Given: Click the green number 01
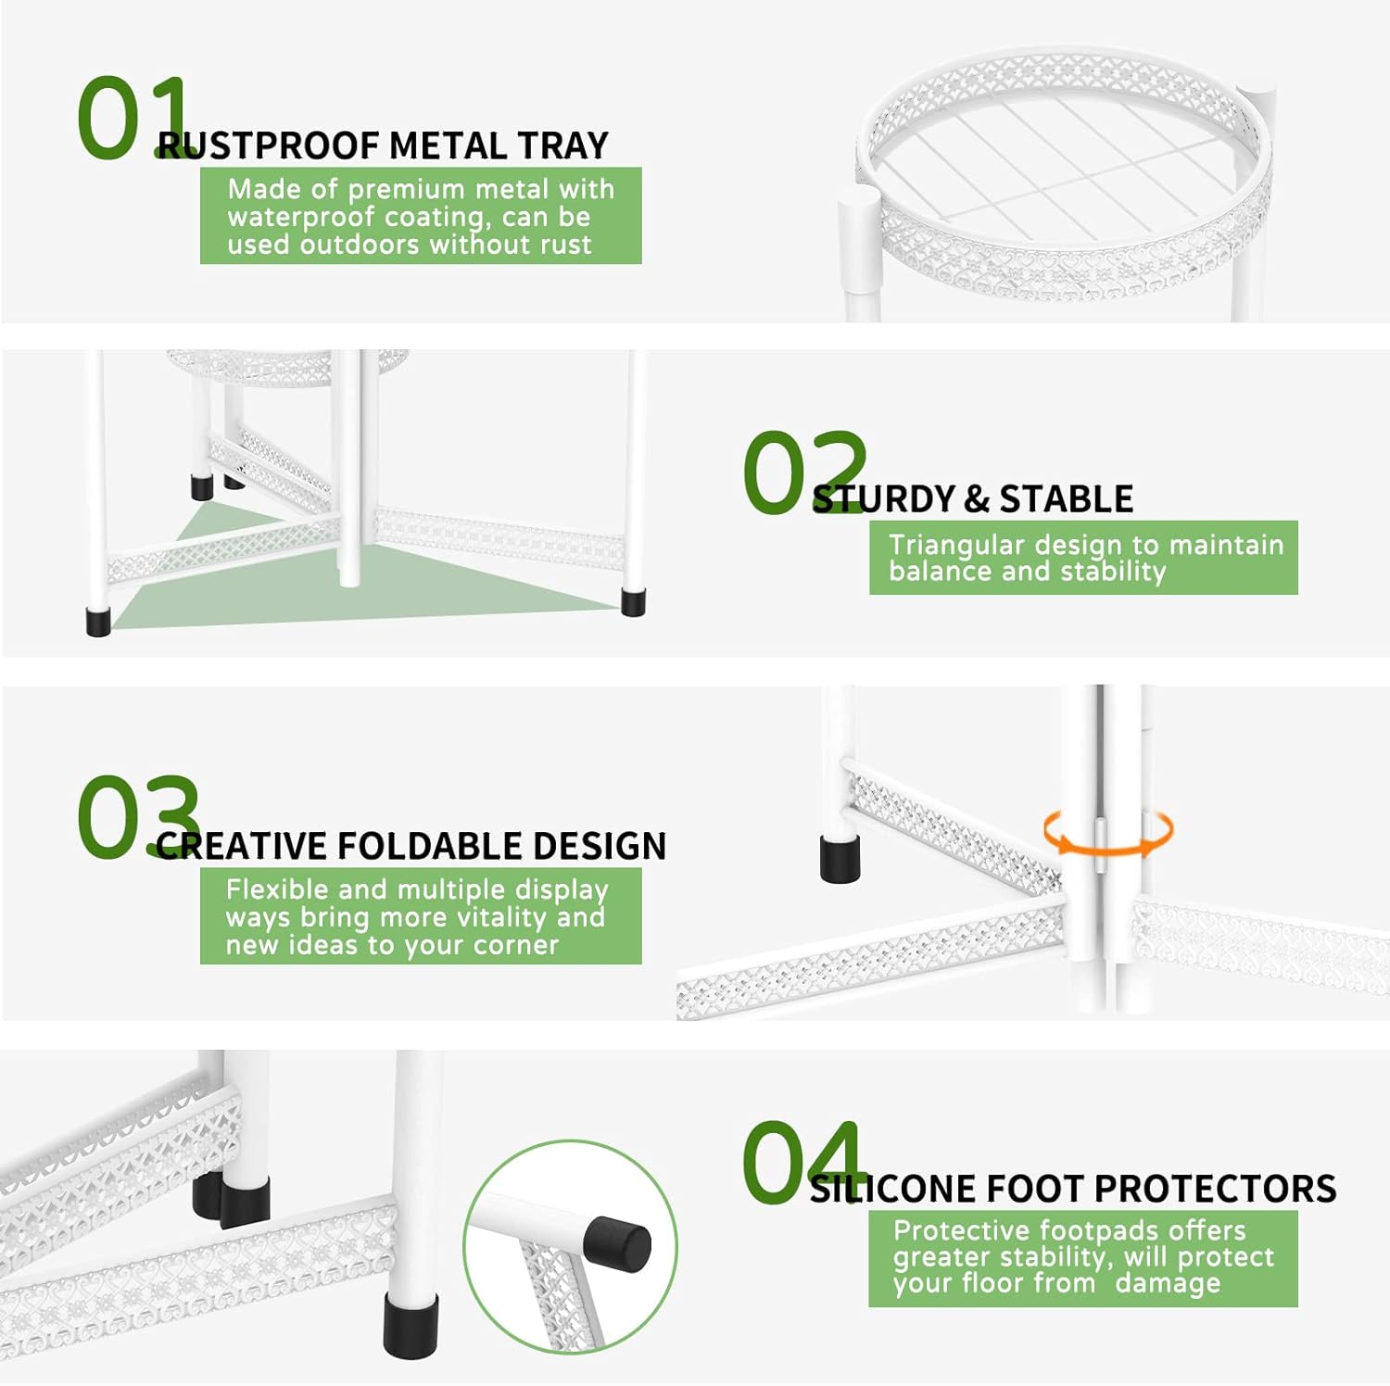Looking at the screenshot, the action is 134,119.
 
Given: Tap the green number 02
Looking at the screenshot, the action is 804,472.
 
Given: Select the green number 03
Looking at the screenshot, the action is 138,817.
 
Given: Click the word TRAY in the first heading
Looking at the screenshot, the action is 563,146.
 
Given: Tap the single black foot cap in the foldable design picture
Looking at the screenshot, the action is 840,858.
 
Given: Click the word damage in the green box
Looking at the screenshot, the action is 1168,1284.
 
